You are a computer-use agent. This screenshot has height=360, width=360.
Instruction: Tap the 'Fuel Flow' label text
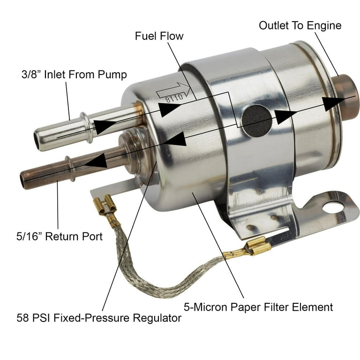point(159,36)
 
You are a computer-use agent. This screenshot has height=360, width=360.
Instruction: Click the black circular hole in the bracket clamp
point(256,120)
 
